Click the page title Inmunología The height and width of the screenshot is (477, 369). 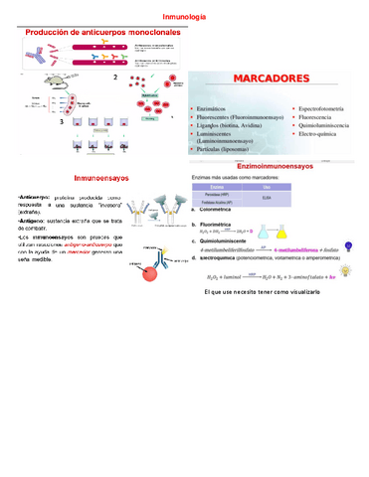point(184,18)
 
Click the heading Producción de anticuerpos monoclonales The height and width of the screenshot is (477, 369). point(102,33)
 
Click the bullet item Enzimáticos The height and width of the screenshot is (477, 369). point(216,104)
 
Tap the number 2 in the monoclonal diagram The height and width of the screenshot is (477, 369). point(115,78)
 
